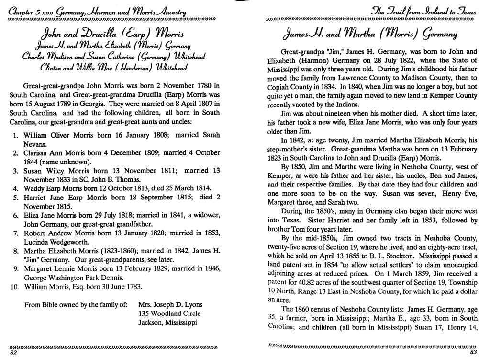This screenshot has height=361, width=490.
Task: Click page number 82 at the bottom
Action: pos(13,353)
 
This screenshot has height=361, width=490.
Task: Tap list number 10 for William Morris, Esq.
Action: pos(13,287)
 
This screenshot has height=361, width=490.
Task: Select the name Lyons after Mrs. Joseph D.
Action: pos(192,304)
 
